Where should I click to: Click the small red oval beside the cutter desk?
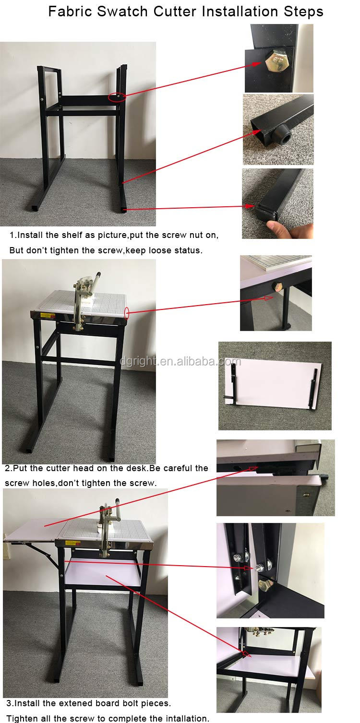126,313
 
